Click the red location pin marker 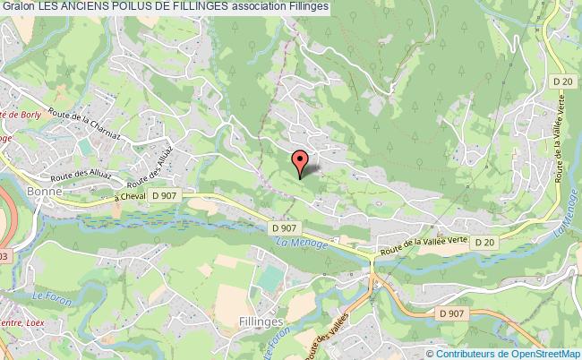(300, 161)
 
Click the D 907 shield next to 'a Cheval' (165, 196)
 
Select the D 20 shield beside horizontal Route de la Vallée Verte (484, 242)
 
